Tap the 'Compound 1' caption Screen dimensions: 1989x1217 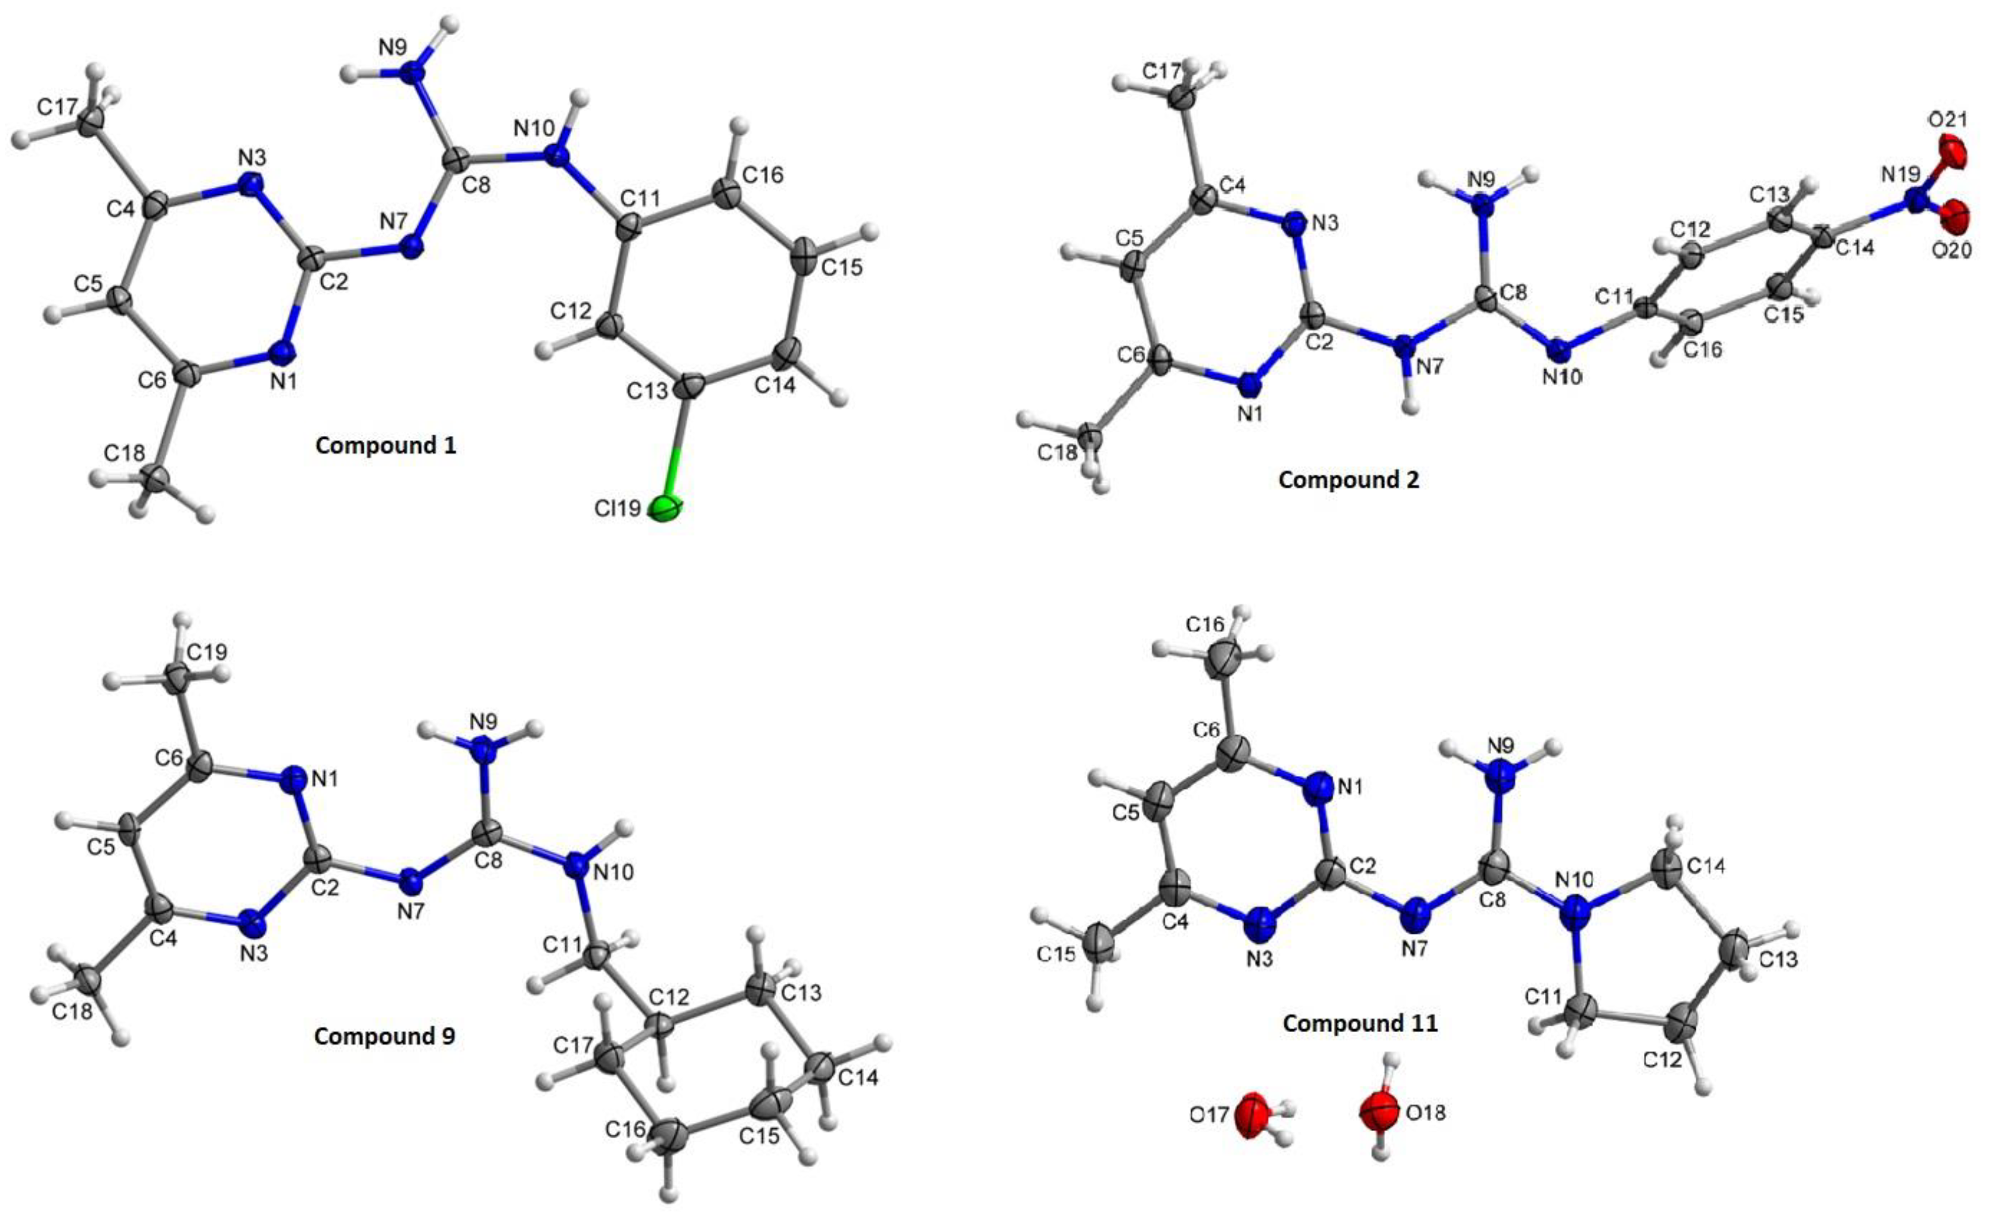[x=386, y=445]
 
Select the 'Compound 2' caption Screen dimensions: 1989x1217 [x=1349, y=479]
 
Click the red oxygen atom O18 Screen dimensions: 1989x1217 [x=1378, y=1112]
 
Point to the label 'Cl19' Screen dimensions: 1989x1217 [x=618, y=509]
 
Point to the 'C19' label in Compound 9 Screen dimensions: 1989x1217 [x=207, y=651]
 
